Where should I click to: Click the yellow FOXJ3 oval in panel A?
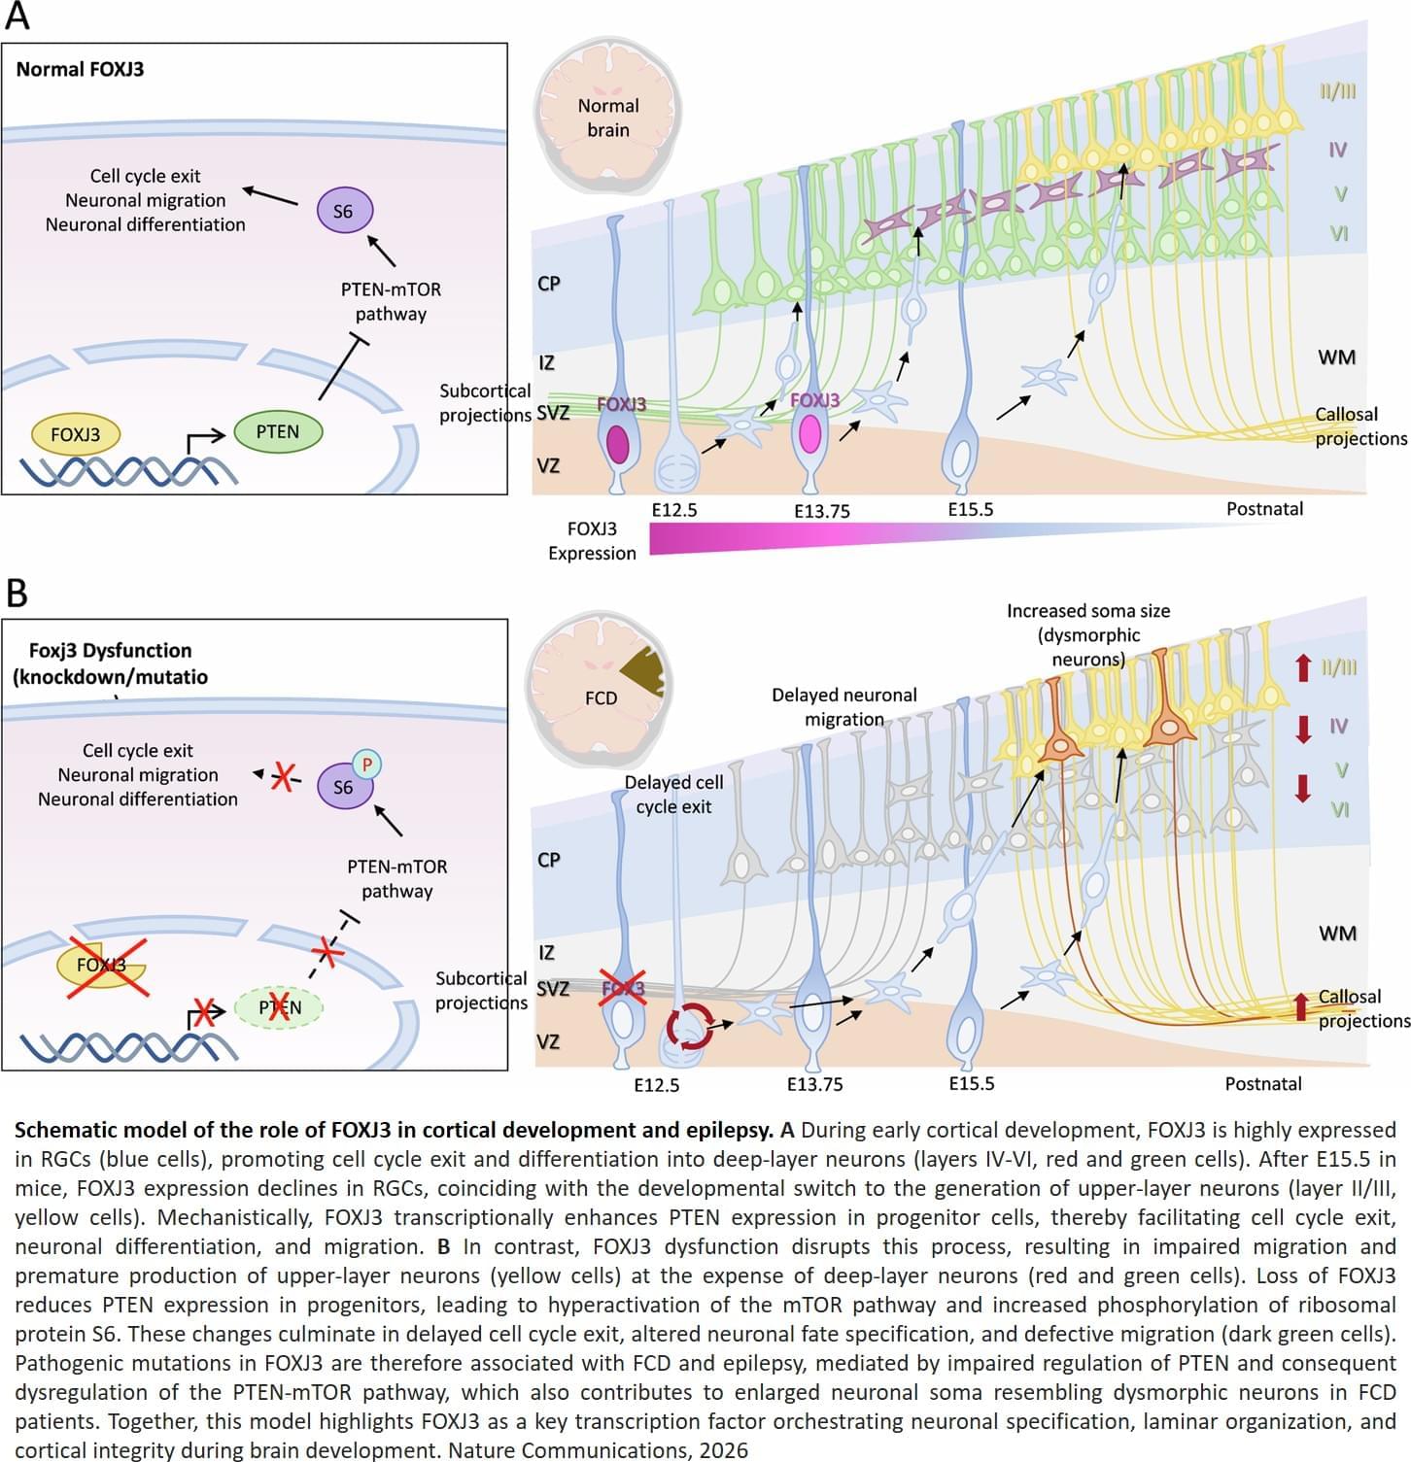(x=75, y=434)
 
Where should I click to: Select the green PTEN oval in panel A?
(x=277, y=431)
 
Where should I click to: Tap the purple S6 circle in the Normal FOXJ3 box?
(x=344, y=211)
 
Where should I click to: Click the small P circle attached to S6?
(x=366, y=765)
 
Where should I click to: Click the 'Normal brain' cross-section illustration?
(x=607, y=118)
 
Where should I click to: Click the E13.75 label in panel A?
(x=822, y=511)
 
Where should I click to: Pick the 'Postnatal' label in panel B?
(x=1262, y=1083)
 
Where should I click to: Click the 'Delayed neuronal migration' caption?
(x=843, y=706)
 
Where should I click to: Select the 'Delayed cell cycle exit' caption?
(x=673, y=794)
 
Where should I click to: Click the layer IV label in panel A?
(x=1337, y=150)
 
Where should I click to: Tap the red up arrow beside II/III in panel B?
(x=1303, y=668)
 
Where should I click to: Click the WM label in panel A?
(x=1336, y=357)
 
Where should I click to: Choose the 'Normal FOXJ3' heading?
(x=80, y=69)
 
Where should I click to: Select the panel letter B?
(x=17, y=592)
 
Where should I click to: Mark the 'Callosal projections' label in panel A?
(x=1359, y=426)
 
